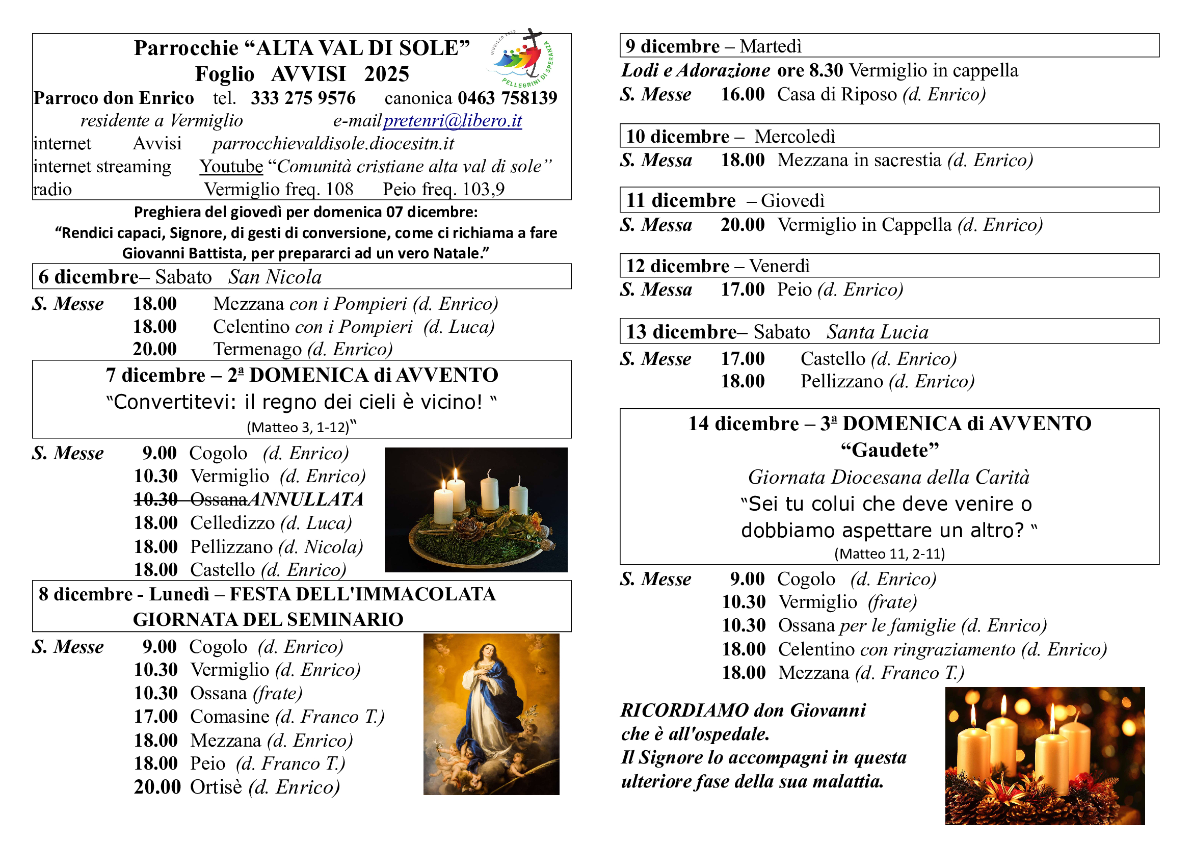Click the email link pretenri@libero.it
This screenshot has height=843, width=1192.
pyautogui.click(x=452, y=120)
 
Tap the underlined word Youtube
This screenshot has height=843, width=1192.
pyautogui.click(x=231, y=166)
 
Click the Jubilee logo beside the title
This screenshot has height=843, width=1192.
pyautogui.click(x=522, y=58)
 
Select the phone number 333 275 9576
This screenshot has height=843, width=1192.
pyautogui.click(x=303, y=97)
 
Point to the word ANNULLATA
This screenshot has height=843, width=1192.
pyautogui.click(x=306, y=499)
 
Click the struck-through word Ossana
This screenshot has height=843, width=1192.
pyautogui.click(x=219, y=499)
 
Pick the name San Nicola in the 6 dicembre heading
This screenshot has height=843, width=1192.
pyautogui.click(x=275, y=277)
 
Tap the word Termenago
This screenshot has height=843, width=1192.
pyautogui.click(x=257, y=349)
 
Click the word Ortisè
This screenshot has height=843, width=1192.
pyautogui.click(x=216, y=787)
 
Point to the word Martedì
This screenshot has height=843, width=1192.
pyautogui.click(x=771, y=46)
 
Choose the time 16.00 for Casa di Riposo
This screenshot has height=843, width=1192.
pyautogui.click(x=743, y=94)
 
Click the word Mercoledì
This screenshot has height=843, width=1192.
pyautogui.click(x=794, y=136)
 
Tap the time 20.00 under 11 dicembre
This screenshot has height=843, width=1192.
pyautogui.click(x=743, y=225)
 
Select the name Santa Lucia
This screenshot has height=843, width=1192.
pyautogui.click(x=878, y=332)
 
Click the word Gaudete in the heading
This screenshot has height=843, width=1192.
pyautogui.click(x=890, y=450)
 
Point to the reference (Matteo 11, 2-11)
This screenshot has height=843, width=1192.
pyautogui.click(x=889, y=554)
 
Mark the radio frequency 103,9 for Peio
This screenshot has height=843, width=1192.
pyautogui.click(x=483, y=189)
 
